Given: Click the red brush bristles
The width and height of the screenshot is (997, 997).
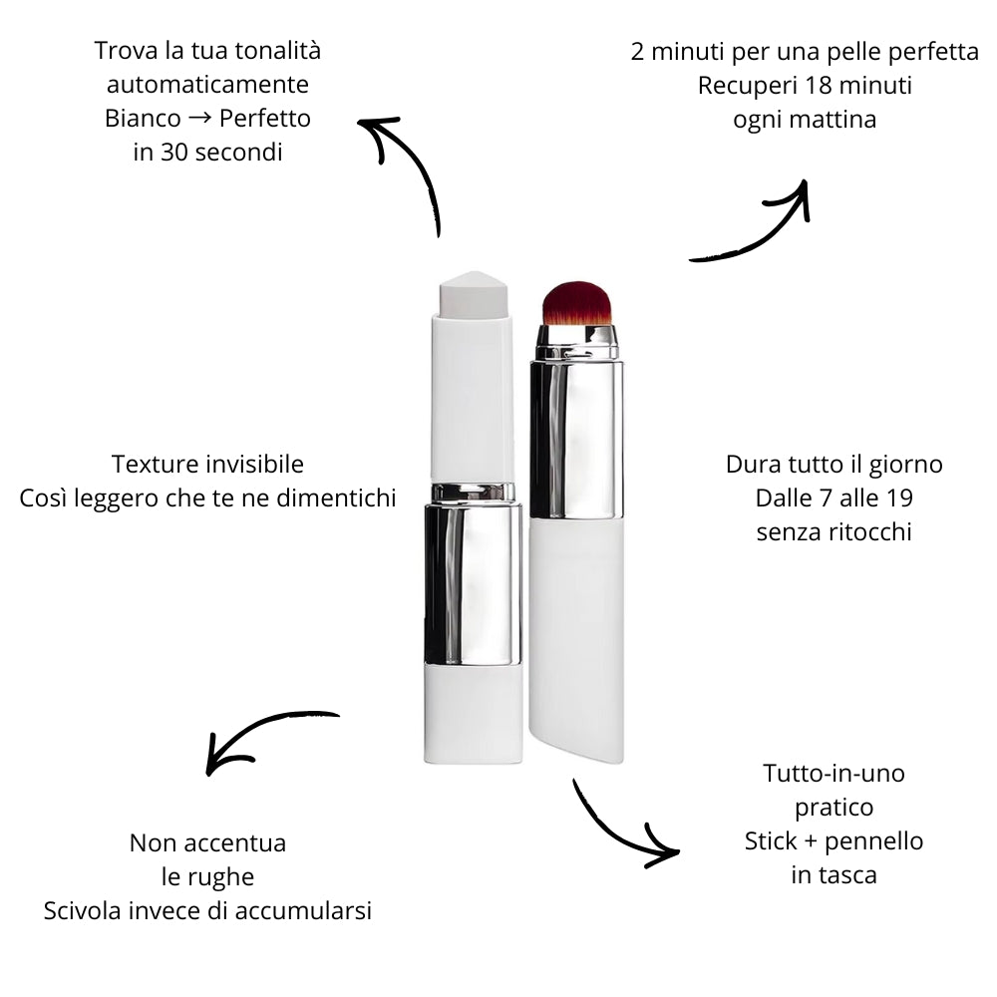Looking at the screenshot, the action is point(576,304).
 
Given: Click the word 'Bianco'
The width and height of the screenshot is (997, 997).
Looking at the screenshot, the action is point(143,119).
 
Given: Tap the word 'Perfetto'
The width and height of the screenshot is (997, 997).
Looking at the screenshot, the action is point(265,119).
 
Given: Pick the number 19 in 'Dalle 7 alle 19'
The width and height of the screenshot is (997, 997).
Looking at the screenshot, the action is point(900,498).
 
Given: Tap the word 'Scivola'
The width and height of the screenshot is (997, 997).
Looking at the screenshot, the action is point(83,910).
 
